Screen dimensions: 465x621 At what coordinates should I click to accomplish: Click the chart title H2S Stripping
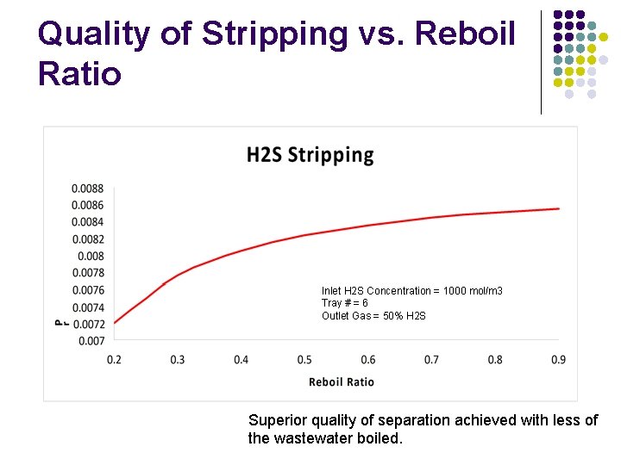tap(310, 155)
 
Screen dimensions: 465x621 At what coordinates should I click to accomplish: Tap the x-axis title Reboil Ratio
tap(342, 381)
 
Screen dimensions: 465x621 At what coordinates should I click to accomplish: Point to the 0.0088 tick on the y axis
tap(87, 189)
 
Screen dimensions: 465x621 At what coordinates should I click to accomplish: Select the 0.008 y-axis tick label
tap(91, 257)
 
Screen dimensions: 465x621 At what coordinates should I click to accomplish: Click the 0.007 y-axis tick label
tap(91, 341)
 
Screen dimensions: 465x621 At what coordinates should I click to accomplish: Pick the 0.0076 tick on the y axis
tap(87, 290)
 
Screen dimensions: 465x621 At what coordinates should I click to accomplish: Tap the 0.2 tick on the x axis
tap(114, 360)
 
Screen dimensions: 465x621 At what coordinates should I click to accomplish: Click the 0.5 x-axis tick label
tap(304, 360)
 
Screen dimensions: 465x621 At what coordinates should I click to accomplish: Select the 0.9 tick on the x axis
tap(559, 360)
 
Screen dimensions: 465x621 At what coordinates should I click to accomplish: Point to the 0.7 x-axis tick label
tap(431, 360)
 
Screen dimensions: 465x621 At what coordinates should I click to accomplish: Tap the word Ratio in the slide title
tap(79, 74)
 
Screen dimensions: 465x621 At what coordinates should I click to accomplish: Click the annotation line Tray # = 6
tap(345, 303)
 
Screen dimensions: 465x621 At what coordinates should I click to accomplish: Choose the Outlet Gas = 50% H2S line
tap(373, 316)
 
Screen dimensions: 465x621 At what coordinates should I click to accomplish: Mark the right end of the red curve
tap(559, 208)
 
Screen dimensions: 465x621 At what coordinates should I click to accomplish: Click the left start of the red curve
tap(115, 323)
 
